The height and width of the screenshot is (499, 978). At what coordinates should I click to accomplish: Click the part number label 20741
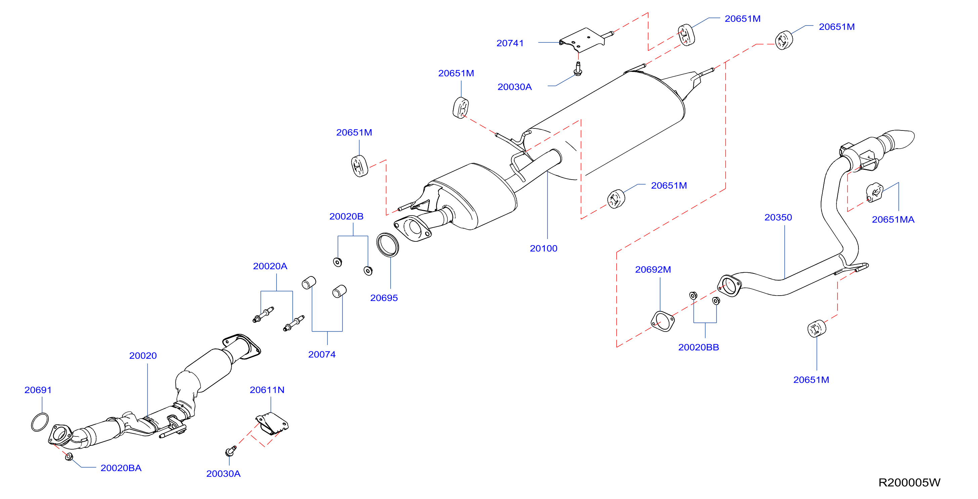(510, 43)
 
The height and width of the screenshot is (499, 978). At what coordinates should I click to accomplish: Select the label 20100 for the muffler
(543, 248)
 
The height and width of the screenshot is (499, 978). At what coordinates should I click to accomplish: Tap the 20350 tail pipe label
(778, 217)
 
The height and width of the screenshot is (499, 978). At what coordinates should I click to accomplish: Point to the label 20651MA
(893, 220)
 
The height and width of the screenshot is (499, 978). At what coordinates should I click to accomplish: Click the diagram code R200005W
(909, 482)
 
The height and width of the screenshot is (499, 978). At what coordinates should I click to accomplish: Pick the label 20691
(38, 390)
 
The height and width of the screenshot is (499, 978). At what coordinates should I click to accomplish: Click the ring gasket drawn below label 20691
(40, 422)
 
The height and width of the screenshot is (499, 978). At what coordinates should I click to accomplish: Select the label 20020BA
(121, 468)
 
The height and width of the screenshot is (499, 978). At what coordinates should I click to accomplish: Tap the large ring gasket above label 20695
(387, 245)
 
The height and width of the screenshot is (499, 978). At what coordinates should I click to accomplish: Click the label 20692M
(653, 270)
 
